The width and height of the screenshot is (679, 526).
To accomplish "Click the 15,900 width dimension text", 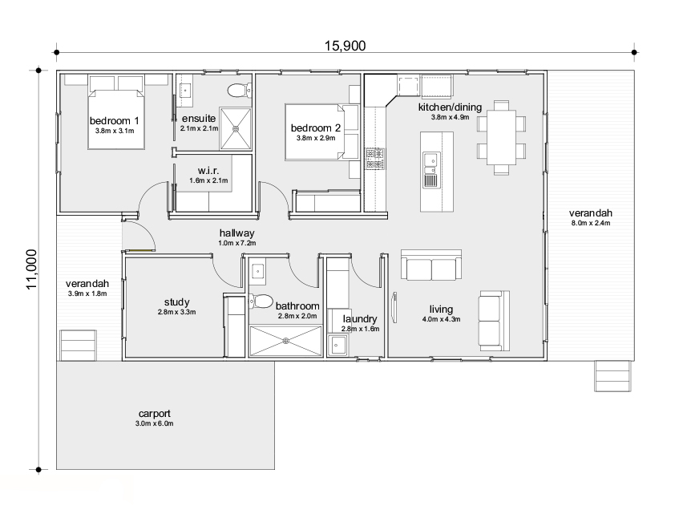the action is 346,46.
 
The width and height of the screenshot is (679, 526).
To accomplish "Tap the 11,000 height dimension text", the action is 32,269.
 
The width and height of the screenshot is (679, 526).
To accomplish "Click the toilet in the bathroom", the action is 261,301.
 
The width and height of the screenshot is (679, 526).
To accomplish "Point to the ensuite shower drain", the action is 236,128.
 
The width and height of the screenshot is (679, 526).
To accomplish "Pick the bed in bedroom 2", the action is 321,132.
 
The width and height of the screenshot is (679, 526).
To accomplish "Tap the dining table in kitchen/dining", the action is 501,137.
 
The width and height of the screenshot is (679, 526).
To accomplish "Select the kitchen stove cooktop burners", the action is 375,159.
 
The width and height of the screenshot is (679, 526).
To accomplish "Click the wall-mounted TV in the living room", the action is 394,308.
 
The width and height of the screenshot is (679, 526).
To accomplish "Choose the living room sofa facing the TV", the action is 494,321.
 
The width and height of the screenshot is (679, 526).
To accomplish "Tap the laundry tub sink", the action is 336,346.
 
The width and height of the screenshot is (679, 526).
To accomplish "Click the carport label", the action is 154,414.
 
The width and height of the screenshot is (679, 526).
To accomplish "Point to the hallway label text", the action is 236,233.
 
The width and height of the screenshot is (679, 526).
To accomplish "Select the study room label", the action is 176,302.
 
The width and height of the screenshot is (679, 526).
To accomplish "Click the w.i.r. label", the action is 208,171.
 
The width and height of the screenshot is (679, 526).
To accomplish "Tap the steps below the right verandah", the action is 612,376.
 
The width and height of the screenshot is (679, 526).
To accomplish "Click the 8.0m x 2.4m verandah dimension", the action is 591,223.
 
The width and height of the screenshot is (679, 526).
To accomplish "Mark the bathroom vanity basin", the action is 258,272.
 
